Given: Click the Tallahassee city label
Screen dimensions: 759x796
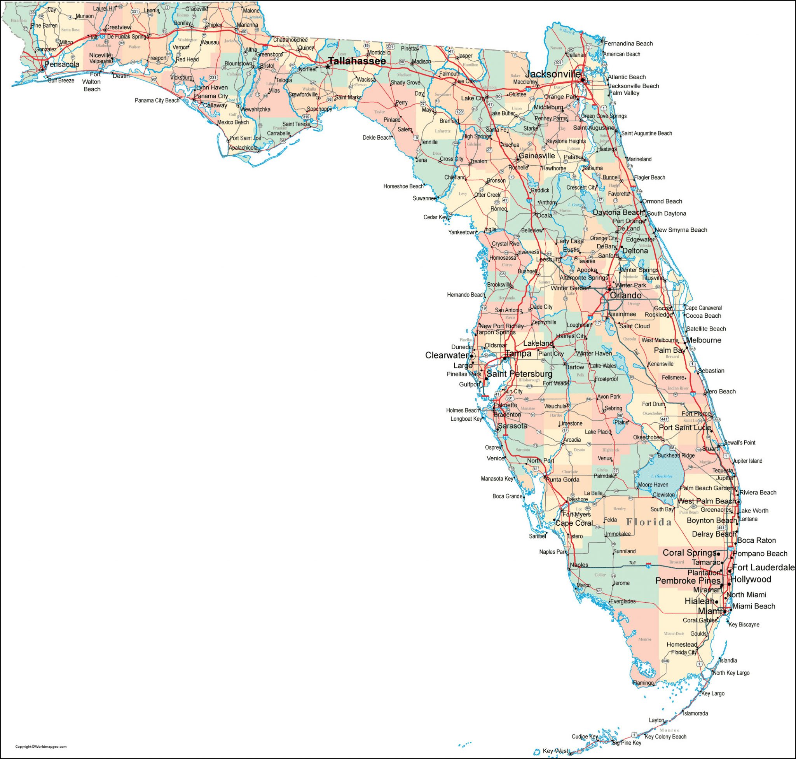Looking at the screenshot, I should point(357,61).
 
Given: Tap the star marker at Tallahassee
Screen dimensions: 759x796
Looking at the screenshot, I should point(328,67).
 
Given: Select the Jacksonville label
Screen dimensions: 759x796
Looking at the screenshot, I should point(553,74).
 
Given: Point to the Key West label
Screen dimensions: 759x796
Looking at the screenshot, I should point(555,751).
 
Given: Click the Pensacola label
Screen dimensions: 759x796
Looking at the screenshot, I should point(62,64).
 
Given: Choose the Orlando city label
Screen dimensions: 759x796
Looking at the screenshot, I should point(625,296).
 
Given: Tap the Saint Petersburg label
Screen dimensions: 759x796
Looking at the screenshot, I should point(519,374).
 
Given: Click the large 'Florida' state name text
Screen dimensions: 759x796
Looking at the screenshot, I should point(649,522).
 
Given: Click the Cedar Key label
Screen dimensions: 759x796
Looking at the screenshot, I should point(436,217).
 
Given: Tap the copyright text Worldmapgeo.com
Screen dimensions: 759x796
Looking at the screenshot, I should point(40,747).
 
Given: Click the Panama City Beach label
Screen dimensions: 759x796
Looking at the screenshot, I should point(157,100).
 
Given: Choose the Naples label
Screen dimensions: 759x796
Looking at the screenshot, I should point(579,565).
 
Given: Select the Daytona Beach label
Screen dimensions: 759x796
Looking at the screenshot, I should point(618,212).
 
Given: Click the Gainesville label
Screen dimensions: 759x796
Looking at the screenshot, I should point(537,156).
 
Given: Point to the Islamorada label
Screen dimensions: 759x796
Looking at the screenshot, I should point(695,713).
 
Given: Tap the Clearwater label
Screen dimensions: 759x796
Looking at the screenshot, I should point(446,355).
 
